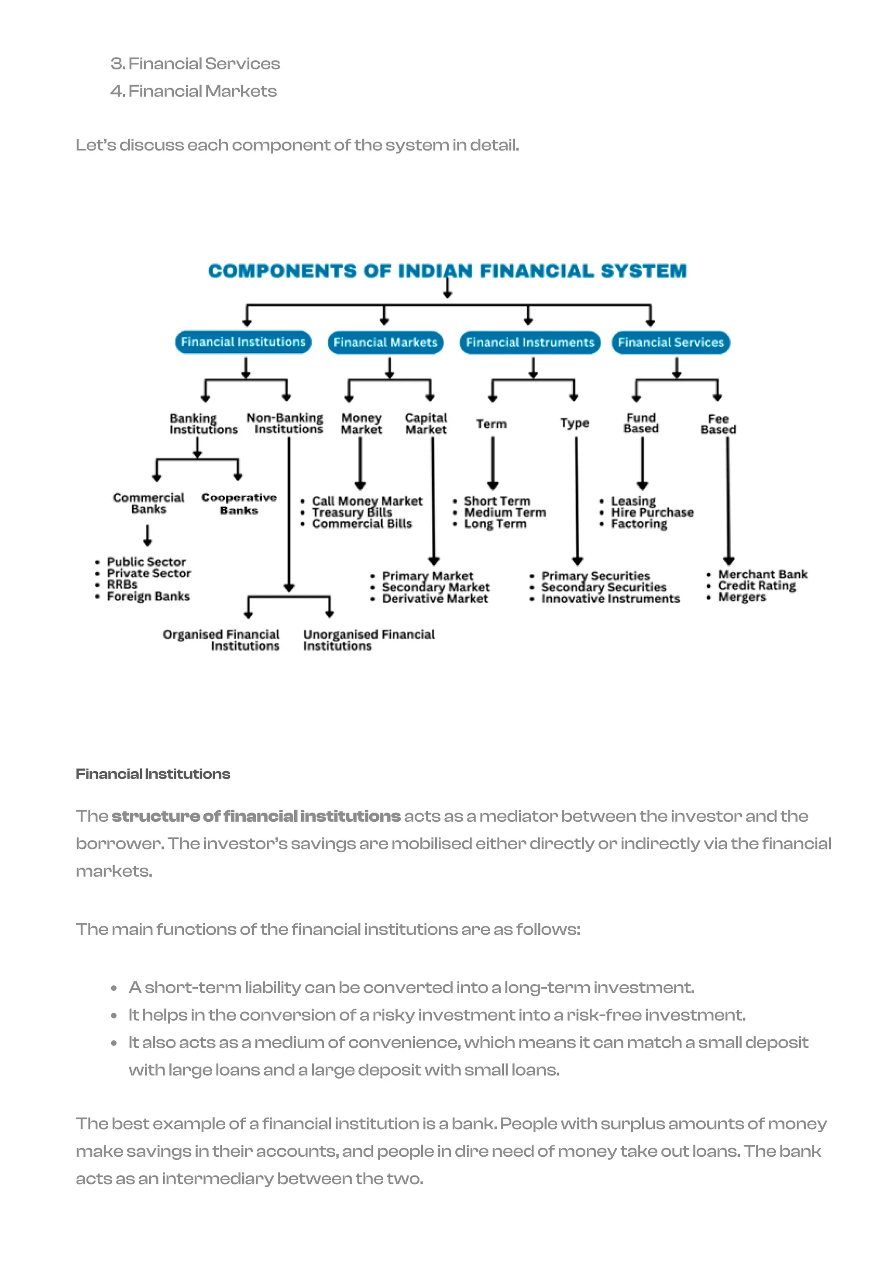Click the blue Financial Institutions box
click(243, 342)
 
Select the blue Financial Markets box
click(385, 342)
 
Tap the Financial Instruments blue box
click(530, 342)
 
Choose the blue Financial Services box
click(670, 342)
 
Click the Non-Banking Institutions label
click(286, 424)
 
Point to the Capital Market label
click(426, 424)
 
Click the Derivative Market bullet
click(435, 598)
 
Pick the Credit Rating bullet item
click(756, 586)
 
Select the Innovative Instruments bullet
click(610, 598)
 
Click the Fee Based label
click(718, 424)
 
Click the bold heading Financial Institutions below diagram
click(153, 774)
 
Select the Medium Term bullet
click(505, 512)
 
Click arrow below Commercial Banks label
click(147, 535)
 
